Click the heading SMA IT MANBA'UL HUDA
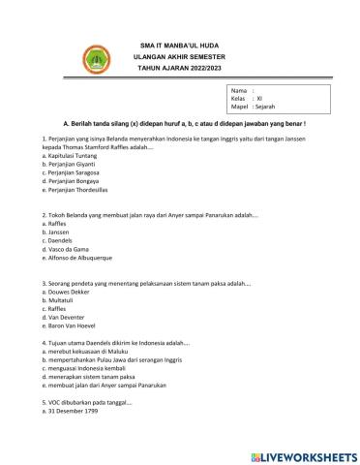coord(180,46)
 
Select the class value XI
coord(259,100)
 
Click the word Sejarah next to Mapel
coord(268,108)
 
